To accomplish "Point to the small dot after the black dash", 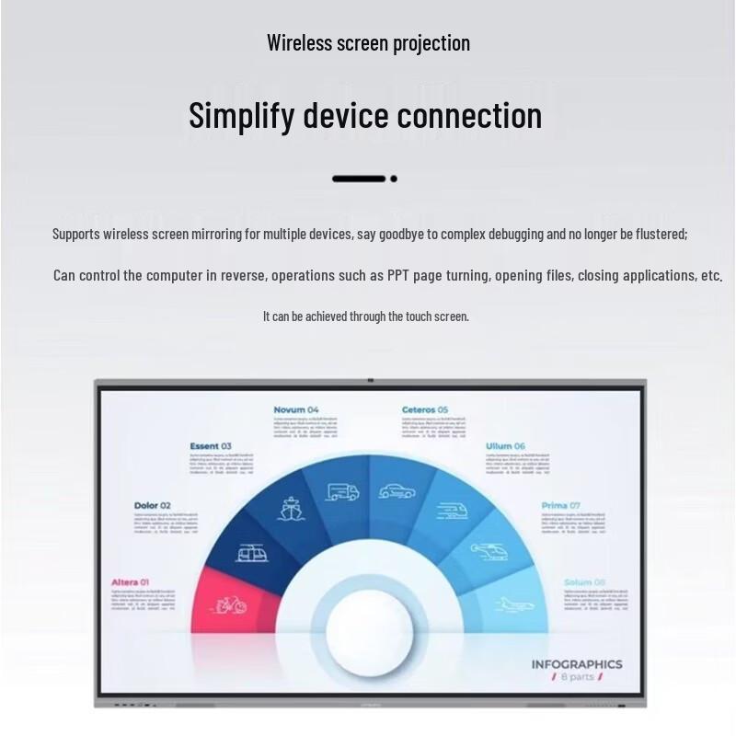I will click(x=394, y=178).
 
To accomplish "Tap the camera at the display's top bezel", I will click(x=370, y=380).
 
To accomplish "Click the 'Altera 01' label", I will click(x=130, y=582).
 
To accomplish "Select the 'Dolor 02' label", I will click(x=152, y=505).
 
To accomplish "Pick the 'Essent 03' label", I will click(x=211, y=446).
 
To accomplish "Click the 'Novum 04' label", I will click(x=296, y=409).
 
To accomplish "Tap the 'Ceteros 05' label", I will click(x=425, y=409).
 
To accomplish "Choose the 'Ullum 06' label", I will click(x=505, y=446).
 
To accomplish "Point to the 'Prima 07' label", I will click(x=560, y=505).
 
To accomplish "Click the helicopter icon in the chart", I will click(x=485, y=552).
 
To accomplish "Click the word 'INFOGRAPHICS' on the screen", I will click(x=576, y=663).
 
